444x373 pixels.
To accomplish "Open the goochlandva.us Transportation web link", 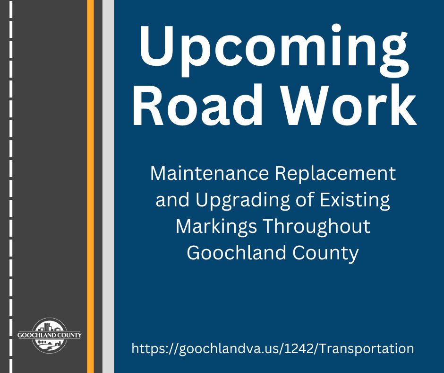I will click(x=273, y=349).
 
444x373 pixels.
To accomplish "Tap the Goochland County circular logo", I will click(x=50, y=335).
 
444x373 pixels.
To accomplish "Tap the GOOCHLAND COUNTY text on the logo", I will click(x=50, y=335).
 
